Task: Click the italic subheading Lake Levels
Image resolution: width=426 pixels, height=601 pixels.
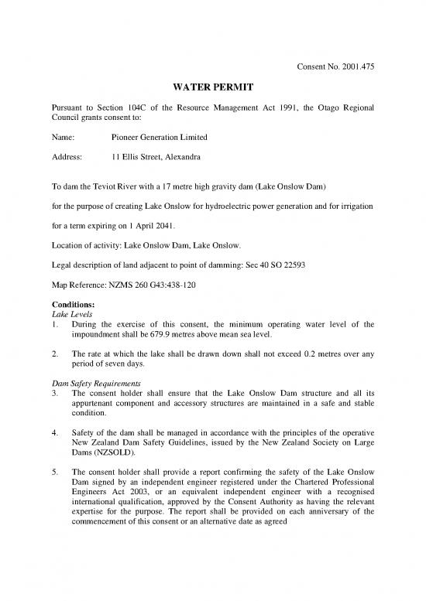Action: point(70,313)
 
